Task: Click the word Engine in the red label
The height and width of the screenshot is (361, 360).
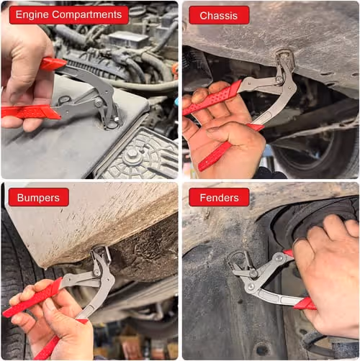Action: [x=32, y=15]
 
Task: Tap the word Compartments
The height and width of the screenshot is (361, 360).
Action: [x=87, y=15]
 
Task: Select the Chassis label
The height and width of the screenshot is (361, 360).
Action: [x=219, y=16]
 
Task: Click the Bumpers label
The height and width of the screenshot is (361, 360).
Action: [x=39, y=198]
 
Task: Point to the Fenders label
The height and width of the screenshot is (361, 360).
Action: [x=219, y=198]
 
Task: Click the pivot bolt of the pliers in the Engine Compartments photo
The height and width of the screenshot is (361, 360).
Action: [x=98, y=103]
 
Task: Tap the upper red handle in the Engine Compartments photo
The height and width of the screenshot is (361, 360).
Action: [x=53, y=64]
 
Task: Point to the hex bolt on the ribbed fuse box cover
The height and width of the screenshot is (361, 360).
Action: [x=132, y=153]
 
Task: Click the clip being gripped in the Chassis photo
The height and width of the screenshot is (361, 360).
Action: [x=286, y=58]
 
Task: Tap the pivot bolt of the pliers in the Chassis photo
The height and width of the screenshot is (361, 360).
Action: [x=279, y=79]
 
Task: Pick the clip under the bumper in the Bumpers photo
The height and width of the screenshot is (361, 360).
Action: [x=102, y=255]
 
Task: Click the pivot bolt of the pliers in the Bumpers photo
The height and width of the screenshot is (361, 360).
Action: [x=96, y=273]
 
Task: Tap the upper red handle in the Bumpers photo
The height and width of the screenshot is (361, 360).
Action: [x=32, y=297]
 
